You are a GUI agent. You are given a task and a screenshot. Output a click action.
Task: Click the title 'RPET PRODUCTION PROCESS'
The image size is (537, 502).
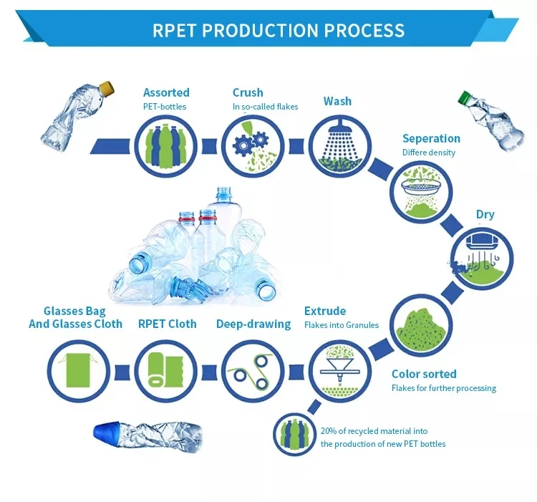pos(279,31)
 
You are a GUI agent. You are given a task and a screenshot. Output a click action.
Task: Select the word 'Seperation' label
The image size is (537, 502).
pos(431,138)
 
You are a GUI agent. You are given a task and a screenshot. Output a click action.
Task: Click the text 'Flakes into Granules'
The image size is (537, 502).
pos(341,325)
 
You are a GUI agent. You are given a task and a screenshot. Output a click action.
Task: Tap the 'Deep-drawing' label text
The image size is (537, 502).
pos(253,324)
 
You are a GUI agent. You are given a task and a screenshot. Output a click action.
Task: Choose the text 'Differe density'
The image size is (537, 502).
pos(428,153)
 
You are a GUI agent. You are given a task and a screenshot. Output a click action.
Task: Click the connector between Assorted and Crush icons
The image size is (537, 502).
pos(209,146)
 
